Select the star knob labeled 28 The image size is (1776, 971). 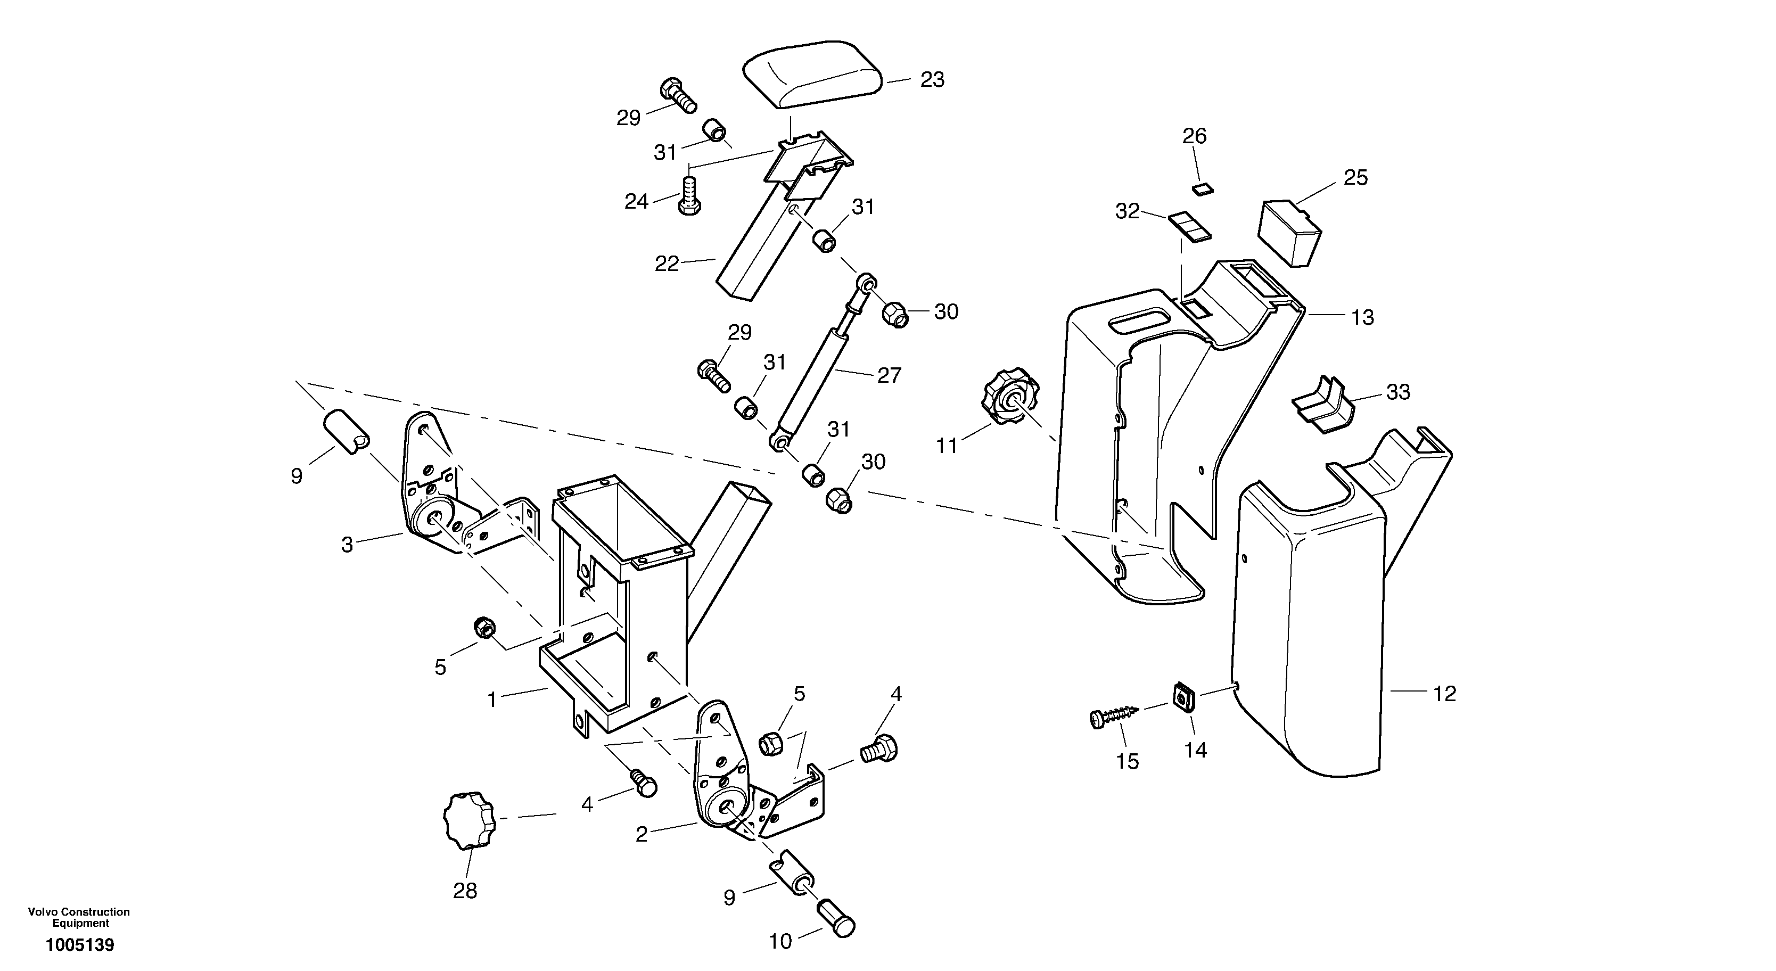tap(470, 821)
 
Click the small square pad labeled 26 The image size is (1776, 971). tap(1204, 189)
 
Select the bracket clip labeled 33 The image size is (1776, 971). tap(1322, 406)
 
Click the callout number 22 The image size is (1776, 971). tap(667, 264)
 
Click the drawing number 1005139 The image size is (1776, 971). tap(80, 945)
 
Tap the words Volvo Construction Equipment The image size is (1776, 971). tap(79, 917)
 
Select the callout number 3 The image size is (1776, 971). tap(347, 546)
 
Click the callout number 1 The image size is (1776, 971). tap(491, 700)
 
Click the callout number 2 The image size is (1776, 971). tap(641, 835)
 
